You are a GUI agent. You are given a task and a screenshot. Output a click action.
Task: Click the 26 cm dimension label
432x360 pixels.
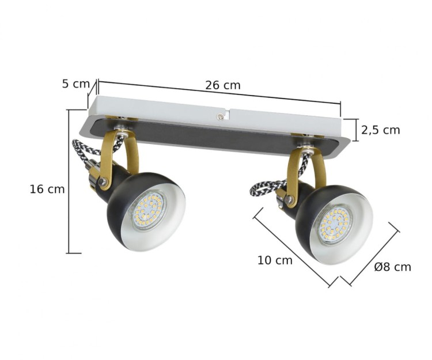click(223, 85)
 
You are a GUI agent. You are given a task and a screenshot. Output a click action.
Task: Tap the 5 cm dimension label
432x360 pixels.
click(75, 83)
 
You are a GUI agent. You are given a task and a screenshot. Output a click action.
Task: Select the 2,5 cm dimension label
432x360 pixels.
click(380, 130)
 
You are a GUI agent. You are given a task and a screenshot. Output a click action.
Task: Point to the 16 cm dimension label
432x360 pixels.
click(47, 189)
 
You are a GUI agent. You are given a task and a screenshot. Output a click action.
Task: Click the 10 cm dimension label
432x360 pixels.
click(275, 260)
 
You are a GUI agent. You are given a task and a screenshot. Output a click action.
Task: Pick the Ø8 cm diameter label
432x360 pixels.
click(392, 267)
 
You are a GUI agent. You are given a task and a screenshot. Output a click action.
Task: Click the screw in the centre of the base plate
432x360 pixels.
click(221, 116)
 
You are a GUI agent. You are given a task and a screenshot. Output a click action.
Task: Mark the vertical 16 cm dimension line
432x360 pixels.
click(69, 181)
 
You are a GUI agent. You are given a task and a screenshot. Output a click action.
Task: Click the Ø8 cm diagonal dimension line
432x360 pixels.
click(369, 256)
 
